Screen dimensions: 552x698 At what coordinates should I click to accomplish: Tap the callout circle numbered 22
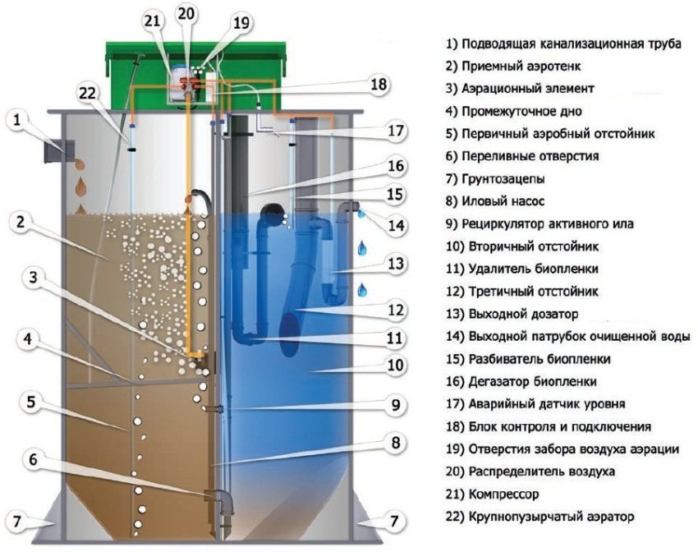point(87,93)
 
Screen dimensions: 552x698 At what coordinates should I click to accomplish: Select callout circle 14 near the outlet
point(397,224)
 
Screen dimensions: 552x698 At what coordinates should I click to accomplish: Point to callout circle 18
point(378,84)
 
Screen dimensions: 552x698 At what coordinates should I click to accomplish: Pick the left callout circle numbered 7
point(17,520)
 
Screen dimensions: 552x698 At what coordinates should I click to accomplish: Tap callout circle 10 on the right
point(397,365)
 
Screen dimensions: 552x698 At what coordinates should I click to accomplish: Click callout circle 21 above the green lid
point(154,21)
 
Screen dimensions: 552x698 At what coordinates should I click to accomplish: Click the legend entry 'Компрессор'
point(492,494)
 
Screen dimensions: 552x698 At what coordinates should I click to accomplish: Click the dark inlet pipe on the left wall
point(58,151)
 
